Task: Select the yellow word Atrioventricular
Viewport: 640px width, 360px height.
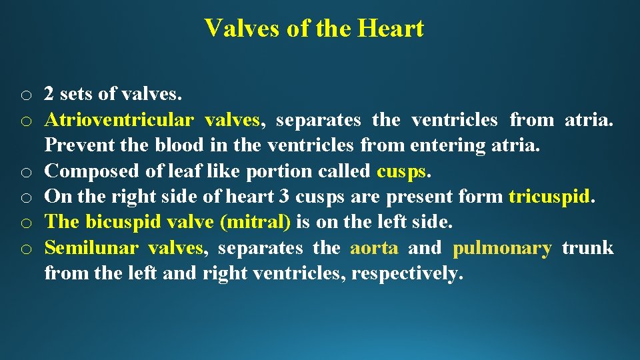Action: pos(119,120)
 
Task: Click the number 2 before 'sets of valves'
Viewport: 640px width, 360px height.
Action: pos(49,95)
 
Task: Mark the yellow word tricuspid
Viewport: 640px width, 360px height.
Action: pos(549,197)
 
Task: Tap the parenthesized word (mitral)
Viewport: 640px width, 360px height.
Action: pos(250,222)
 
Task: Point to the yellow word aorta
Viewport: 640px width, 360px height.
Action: pos(374,248)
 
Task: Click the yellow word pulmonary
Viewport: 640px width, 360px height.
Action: pos(502,249)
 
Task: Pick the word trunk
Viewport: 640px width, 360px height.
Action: pos(588,248)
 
